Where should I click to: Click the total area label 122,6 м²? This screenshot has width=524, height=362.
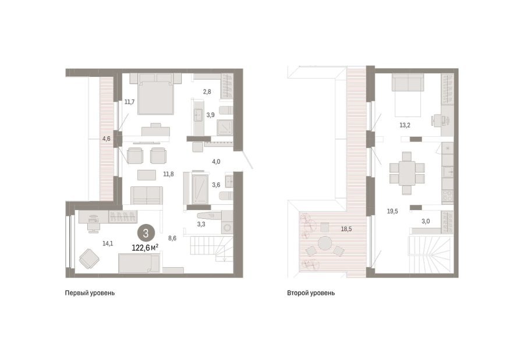coord(145,247)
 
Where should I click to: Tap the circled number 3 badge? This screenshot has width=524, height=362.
coord(146,233)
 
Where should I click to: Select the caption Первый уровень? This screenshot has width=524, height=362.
coord(90,293)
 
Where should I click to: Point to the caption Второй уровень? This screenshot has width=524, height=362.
coord(311,293)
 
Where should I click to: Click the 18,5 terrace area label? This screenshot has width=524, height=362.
coord(346,229)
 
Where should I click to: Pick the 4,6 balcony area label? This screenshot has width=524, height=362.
coord(107,139)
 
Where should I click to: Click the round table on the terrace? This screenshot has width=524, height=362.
coord(325,243)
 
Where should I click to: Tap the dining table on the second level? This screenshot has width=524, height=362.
coord(407,173)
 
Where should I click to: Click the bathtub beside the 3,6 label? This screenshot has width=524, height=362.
coord(200,189)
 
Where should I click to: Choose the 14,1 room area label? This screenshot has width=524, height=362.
coord(108,243)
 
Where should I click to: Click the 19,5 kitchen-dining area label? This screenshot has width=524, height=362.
coord(392,211)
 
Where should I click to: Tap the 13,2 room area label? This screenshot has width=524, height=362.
coord(405,125)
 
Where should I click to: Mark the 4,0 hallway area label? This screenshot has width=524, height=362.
coord(216,162)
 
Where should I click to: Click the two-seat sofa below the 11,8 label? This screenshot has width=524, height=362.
coord(147,196)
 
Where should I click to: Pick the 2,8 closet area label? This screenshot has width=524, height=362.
coord(207,91)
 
